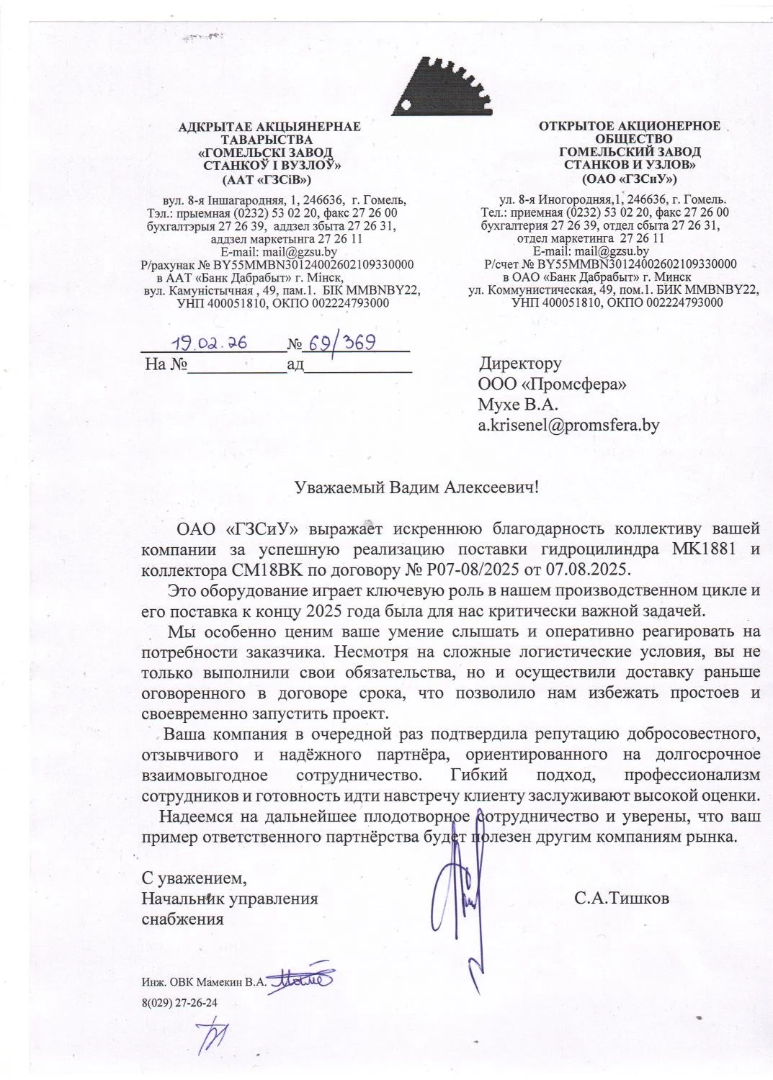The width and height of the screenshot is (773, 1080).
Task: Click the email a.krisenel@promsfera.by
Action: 568,426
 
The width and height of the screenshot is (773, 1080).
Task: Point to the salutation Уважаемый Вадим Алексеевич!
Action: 417,487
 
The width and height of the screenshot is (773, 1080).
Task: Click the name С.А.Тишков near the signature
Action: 622,899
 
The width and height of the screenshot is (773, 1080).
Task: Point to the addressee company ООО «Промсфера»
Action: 552,384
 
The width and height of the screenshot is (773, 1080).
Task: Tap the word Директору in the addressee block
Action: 520,364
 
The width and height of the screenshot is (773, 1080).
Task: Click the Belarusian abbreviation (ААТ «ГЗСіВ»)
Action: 269,179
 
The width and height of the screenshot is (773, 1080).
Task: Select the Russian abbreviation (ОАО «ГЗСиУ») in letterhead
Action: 629,178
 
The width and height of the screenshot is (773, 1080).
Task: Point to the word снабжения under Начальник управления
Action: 182,919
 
